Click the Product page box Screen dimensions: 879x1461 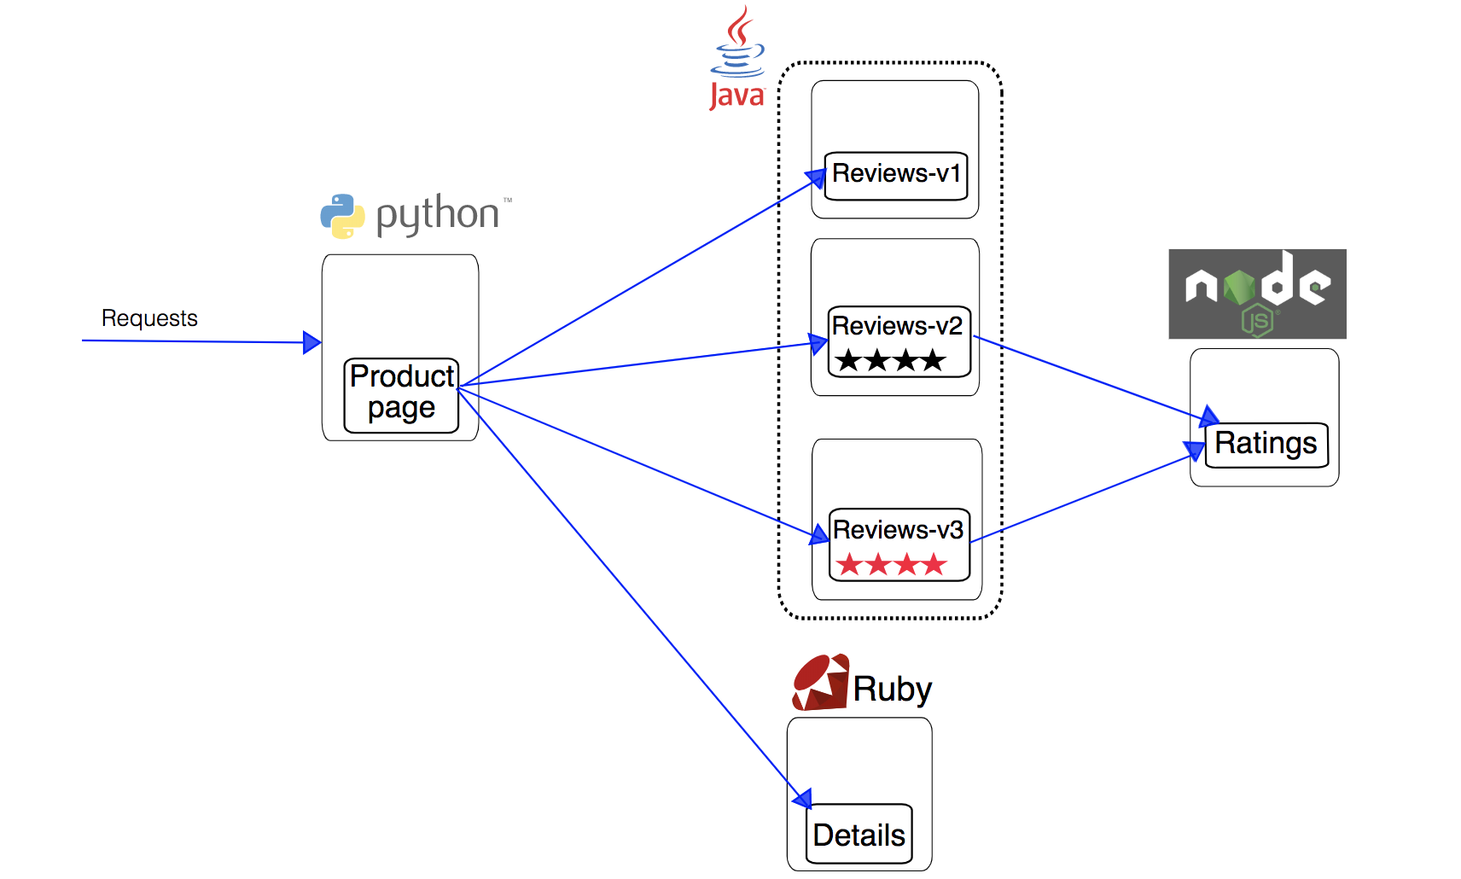tap(401, 395)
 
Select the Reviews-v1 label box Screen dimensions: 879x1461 tap(896, 176)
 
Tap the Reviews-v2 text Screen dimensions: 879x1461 tap(897, 326)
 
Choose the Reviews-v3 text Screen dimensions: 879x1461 tap(898, 530)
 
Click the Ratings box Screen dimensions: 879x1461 tap(1266, 445)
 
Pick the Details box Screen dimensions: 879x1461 tap(859, 834)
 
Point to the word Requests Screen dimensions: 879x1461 tap(149, 318)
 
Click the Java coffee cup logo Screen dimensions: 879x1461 tap(738, 43)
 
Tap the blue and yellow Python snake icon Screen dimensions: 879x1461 tap(342, 216)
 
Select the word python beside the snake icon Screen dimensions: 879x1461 tap(437, 213)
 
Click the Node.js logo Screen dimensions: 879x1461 tap(1257, 294)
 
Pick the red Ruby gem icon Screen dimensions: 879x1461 tap(820, 683)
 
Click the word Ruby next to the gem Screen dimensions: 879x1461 tap(893, 689)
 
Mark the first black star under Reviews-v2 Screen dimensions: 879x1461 tap(848, 360)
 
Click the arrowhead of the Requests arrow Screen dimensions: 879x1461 tap(312, 342)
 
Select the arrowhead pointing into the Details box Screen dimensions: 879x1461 tap(802, 799)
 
